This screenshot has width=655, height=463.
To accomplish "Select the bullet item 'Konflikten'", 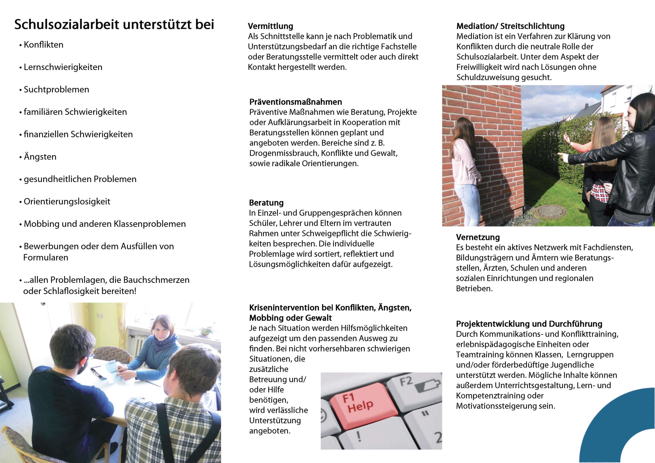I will click(x=43, y=45).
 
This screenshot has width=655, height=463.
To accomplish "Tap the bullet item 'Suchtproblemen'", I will click(x=56, y=90).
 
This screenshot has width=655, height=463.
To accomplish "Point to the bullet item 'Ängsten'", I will click(x=40, y=157).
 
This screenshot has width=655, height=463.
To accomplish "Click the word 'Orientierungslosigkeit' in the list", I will click(x=67, y=201).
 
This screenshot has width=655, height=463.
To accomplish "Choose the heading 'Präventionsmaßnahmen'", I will click(x=296, y=102).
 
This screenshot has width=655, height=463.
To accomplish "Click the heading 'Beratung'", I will click(x=266, y=203).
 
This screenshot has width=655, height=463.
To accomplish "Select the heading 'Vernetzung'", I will click(x=478, y=237).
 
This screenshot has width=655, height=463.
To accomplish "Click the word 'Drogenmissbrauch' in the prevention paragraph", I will click(x=284, y=153).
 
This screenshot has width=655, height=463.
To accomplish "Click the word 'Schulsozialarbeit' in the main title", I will click(x=67, y=24).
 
